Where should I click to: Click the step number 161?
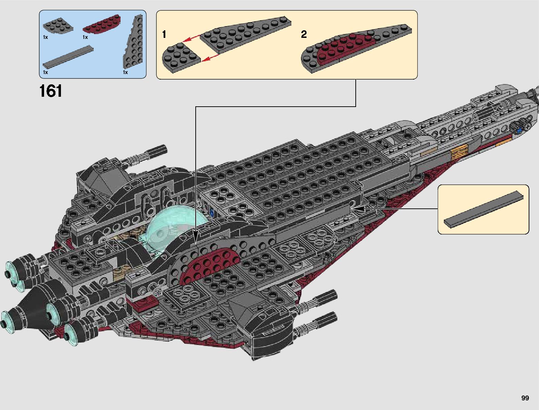51,91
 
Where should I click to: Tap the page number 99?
525,398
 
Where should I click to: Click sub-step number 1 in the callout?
164,34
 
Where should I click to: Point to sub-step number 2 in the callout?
304,34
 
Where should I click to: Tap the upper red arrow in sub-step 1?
190,38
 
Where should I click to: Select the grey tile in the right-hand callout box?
484,209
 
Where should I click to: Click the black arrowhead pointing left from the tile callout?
357,209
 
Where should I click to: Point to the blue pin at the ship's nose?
519,130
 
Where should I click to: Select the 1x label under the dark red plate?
85,37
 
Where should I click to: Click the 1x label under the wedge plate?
125,72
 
